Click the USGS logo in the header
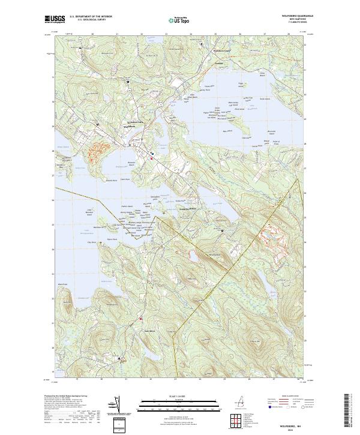[55, 19]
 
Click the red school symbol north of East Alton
[141, 319]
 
